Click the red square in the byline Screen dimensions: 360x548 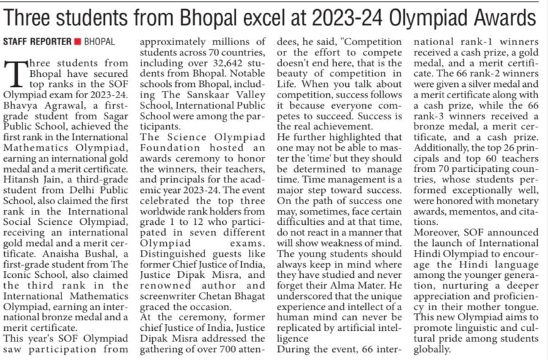pyautogui.click(x=77, y=43)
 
